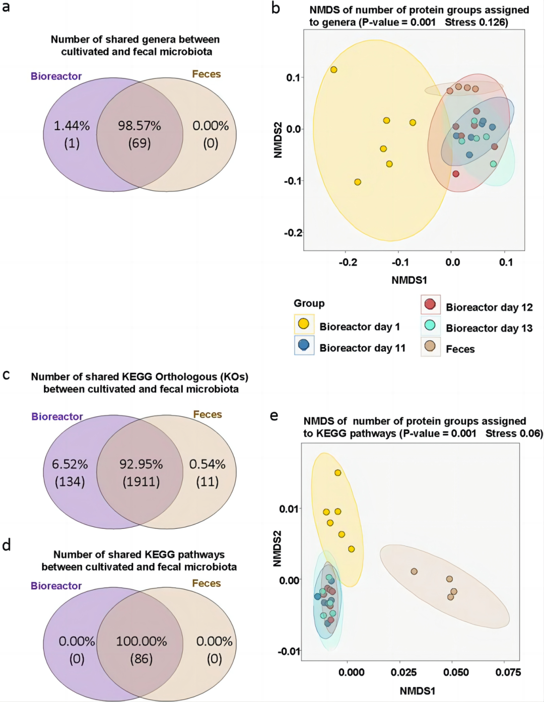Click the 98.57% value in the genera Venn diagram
[x=140, y=126]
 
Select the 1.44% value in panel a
[x=72, y=126]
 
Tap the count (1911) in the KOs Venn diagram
[x=141, y=482]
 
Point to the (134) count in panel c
[x=70, y=482]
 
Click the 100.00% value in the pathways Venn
[x=141, y=641]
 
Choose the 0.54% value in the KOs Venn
[x=207, y=464]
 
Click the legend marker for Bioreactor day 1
[x=304, y=324]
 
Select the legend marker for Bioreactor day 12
[x=430, y=304]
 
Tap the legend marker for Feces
[x=430, y=346]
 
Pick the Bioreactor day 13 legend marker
[x=430, y=325]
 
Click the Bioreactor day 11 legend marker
[x=304, y=345]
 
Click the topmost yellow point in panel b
[x=333, y=70]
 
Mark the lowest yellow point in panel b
[x=358, y=182]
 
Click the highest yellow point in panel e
[x=338, y=473]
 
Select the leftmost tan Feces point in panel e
[x=414, y=571]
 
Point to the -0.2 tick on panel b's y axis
[x=293, y=232]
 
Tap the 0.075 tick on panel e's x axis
[x=508, y=672]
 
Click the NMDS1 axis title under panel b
[x=409, y=280]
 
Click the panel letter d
[x=7, y=545]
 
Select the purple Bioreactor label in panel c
[x=57, y=417]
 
